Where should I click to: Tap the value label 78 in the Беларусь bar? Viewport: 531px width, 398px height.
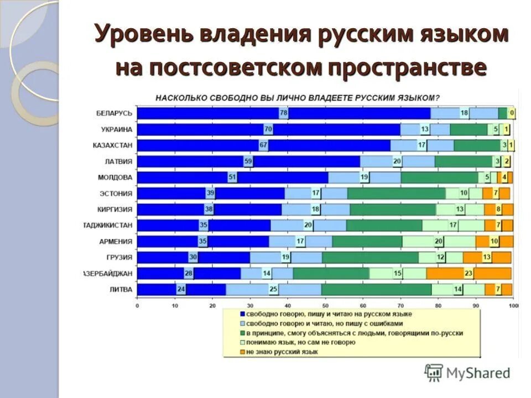coord(284,113)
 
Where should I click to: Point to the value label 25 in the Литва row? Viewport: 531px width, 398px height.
coord(273,290)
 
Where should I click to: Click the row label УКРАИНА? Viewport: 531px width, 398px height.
coord(116,129)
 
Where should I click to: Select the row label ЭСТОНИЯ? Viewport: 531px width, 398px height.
coord(116,193)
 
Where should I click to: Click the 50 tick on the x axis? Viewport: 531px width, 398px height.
coord(325,305)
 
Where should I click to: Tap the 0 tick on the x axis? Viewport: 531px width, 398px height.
coord(137,305)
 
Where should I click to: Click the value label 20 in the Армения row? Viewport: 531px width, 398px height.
coord(438,242)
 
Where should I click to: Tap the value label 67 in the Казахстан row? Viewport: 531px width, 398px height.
coord(263,145)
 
